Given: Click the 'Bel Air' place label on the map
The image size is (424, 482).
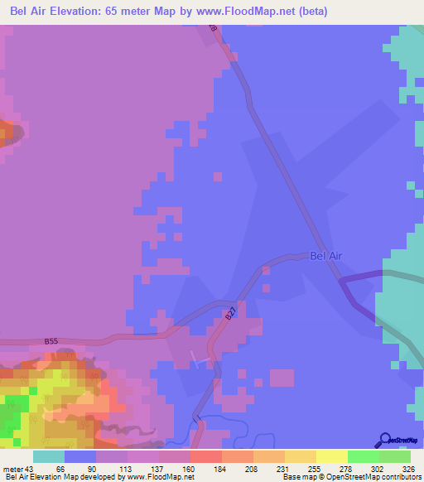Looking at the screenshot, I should [325, 257].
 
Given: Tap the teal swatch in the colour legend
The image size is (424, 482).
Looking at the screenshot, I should [49, 457].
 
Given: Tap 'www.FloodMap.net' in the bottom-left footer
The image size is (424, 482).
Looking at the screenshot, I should [164, 477].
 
